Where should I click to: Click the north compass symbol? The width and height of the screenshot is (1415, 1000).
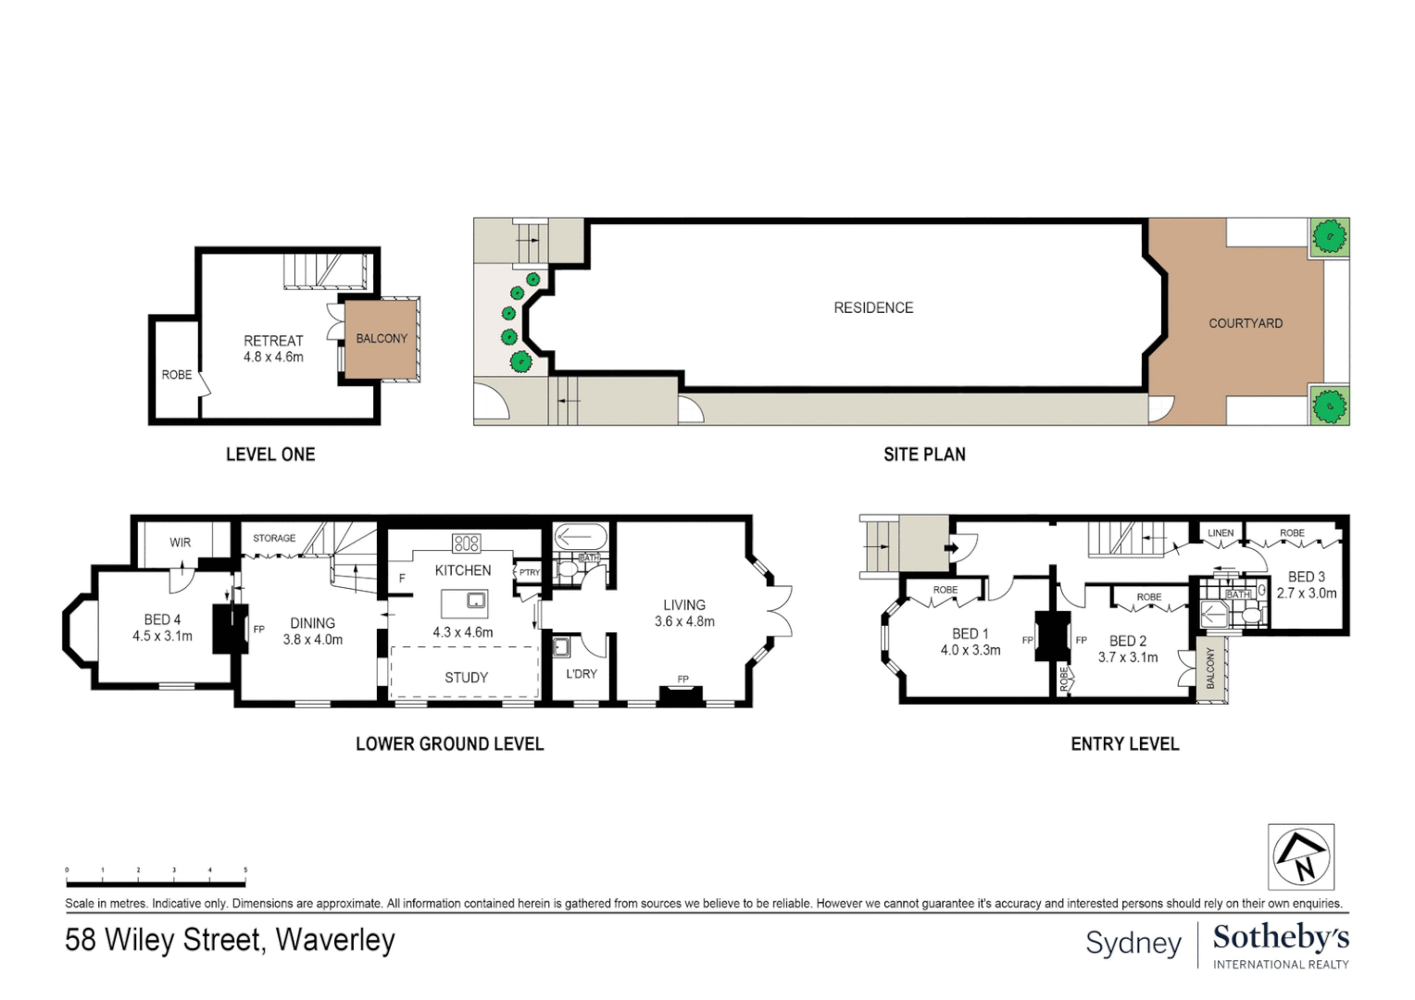click(1301, 856)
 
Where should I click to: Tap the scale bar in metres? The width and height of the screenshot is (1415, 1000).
click(156, 882)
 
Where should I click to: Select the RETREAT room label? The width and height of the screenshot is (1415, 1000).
click(273, 341)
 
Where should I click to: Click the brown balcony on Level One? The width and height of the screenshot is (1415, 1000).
click(381, 339)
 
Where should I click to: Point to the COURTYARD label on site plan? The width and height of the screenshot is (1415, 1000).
click(1246, 323)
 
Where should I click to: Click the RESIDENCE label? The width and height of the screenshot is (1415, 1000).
click(873, 307)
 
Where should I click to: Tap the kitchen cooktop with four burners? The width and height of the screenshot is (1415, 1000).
click(466, 544)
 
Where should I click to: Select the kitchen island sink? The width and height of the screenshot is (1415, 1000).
click(476, 601)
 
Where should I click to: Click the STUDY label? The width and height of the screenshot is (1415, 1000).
click(466, 678)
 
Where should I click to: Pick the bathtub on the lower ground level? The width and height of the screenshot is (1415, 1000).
click(580, 537)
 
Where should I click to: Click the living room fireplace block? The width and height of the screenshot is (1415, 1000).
click(681, 695)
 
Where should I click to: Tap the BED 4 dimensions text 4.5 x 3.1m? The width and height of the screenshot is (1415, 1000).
click(163, 636)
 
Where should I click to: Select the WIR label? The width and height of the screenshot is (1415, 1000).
click(181, 543)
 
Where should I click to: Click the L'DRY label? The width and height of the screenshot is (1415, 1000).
click(582, 674)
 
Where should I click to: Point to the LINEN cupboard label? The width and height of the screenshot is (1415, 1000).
click(1221, 533)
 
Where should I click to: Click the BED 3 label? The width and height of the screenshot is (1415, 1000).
click(1307, 577)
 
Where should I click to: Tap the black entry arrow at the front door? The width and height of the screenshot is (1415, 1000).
click(950, 548)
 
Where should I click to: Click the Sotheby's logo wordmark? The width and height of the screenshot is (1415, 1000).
click(1281, 937)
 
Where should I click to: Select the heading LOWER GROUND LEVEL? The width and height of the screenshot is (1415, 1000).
click(450, 744)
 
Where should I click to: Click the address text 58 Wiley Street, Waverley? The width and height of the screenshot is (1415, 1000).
click(230, 940)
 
